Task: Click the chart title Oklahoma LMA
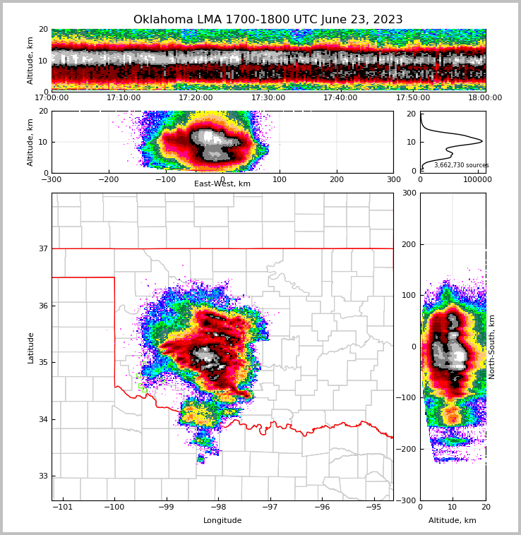[268, 20]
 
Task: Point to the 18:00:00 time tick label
[485, 98]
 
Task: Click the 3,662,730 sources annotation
[461, 165]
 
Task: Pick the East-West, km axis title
[222, 184]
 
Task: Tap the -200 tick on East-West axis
[108, 179]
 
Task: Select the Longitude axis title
[222, 521]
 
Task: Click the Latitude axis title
[30, 347]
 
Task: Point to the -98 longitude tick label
[217, 507]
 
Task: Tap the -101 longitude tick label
[63, 507]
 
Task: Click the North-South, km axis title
[492, 347]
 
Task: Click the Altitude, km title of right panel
[453, 521]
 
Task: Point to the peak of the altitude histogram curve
[482, 141]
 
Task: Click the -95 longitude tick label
[373, 507]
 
